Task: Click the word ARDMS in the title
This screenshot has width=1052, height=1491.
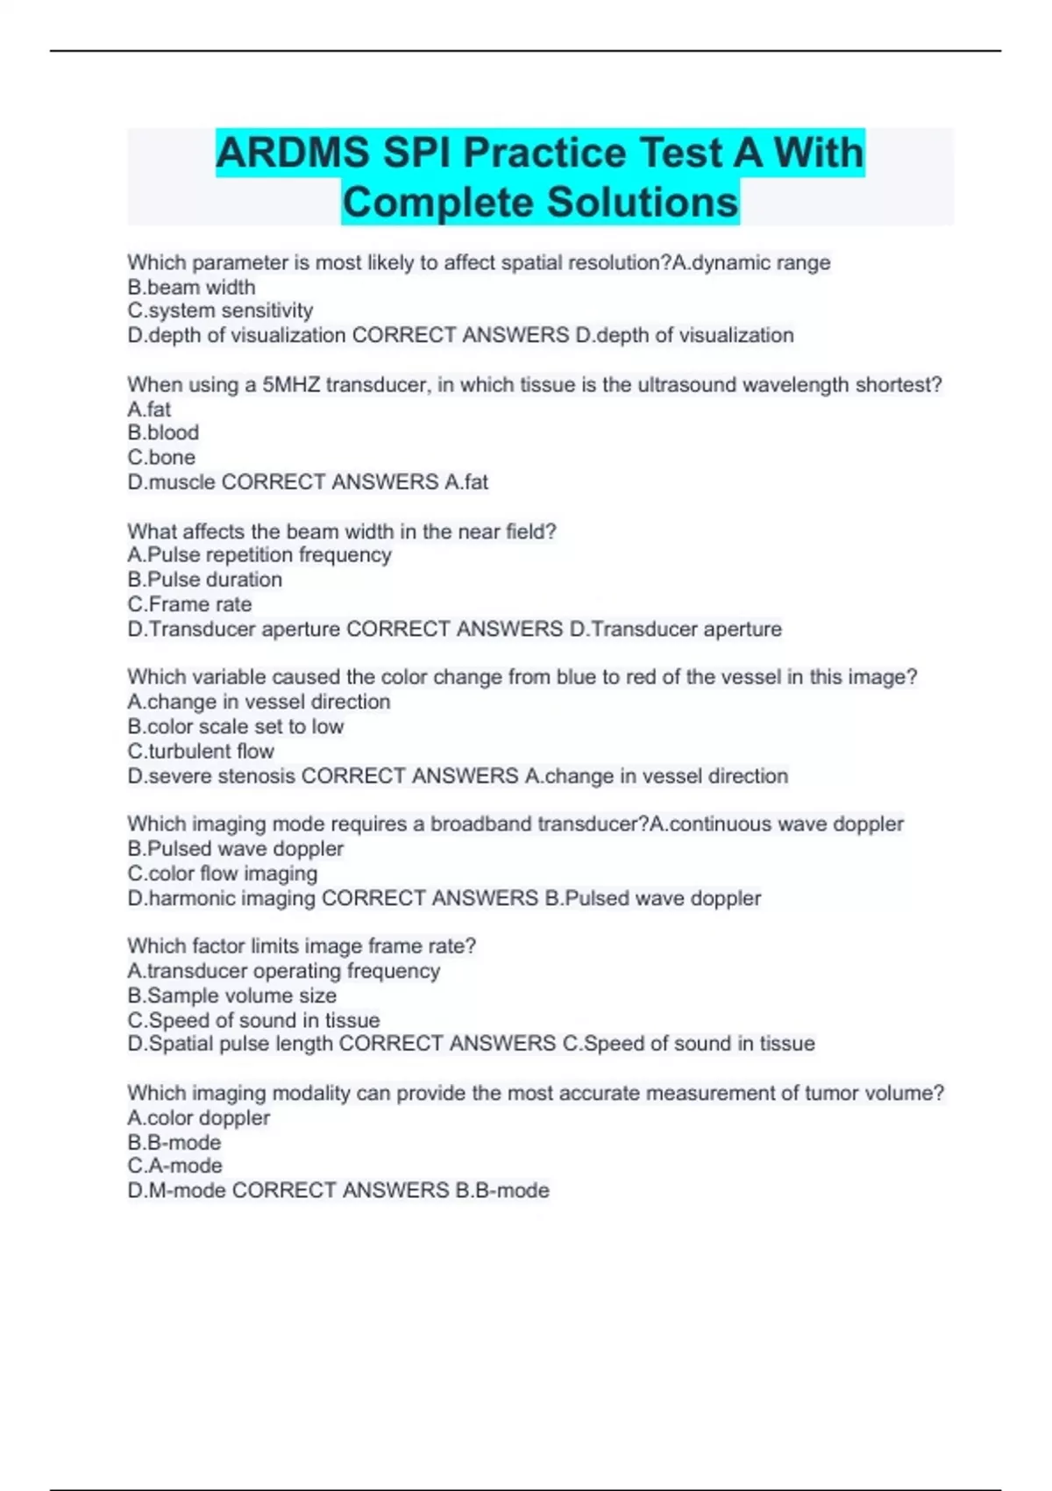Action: coord(293,153)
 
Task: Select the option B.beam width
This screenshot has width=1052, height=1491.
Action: coord(191,287)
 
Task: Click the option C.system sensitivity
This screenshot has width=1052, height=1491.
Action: coord(220,310)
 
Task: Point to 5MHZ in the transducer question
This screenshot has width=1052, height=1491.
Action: coord(291,384)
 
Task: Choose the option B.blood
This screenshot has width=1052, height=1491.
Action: coord(163,432)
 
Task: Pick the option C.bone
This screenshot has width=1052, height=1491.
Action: coord(161,457)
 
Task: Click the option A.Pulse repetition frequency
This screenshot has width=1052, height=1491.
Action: coord(259,554)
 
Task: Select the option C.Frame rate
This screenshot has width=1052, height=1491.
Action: coord(189,604)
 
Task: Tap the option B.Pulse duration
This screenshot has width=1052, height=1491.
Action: coord(204,580)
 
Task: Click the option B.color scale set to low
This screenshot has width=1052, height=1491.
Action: coord(235,726)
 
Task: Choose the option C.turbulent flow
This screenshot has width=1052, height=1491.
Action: coord(201,751)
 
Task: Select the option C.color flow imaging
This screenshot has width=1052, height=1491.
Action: coord(223,874)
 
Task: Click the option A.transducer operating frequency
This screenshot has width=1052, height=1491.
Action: coord(283,971)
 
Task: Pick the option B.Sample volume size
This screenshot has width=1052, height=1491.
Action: coord(231,995)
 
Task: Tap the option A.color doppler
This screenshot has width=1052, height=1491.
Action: coord(198,1117)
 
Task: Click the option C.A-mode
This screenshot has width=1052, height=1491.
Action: coord(174,1166)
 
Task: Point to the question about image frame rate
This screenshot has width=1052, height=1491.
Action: coord(302,946)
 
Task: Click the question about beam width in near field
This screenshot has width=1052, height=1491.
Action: coord(342,531)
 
